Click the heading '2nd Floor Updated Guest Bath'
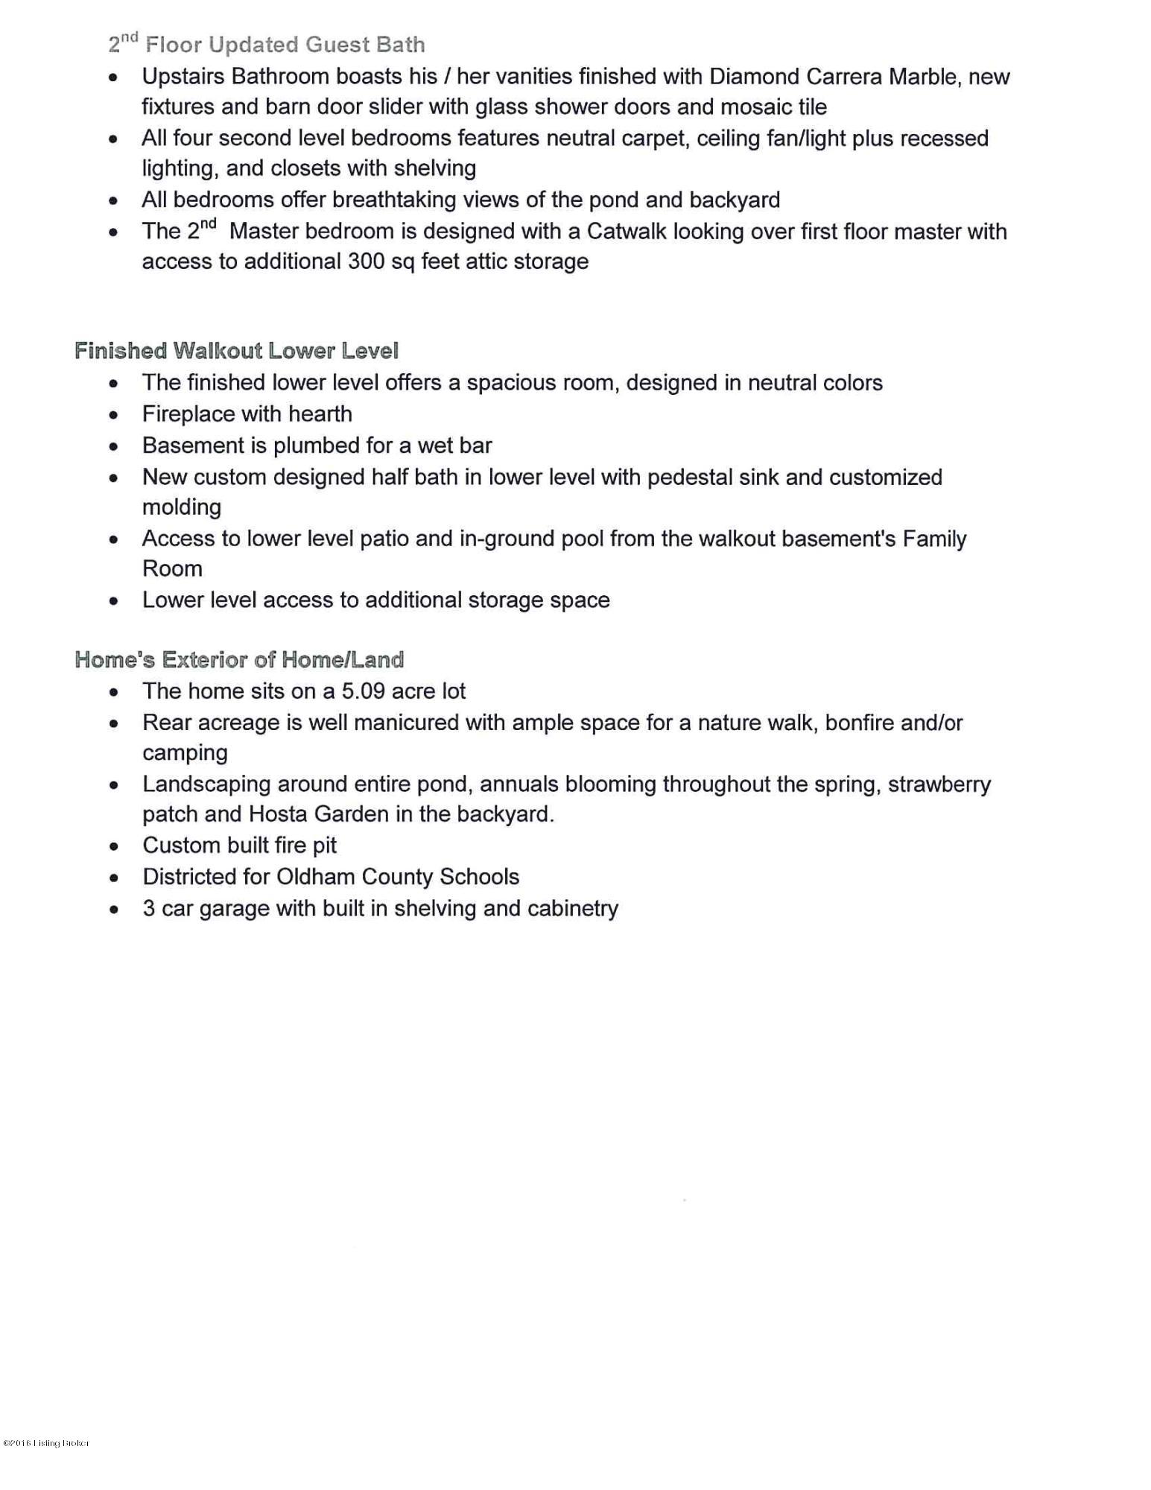coord(266,45)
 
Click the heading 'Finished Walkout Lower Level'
coord(236,351)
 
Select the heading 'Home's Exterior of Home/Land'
coord(239,659)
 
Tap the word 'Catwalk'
coord(627,232)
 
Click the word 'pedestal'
coord(689,478)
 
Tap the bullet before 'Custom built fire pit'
coord(113,847)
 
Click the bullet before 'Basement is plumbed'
coord(113,447)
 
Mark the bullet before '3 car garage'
coord(113,910)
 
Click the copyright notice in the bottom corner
coord(46,1443)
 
